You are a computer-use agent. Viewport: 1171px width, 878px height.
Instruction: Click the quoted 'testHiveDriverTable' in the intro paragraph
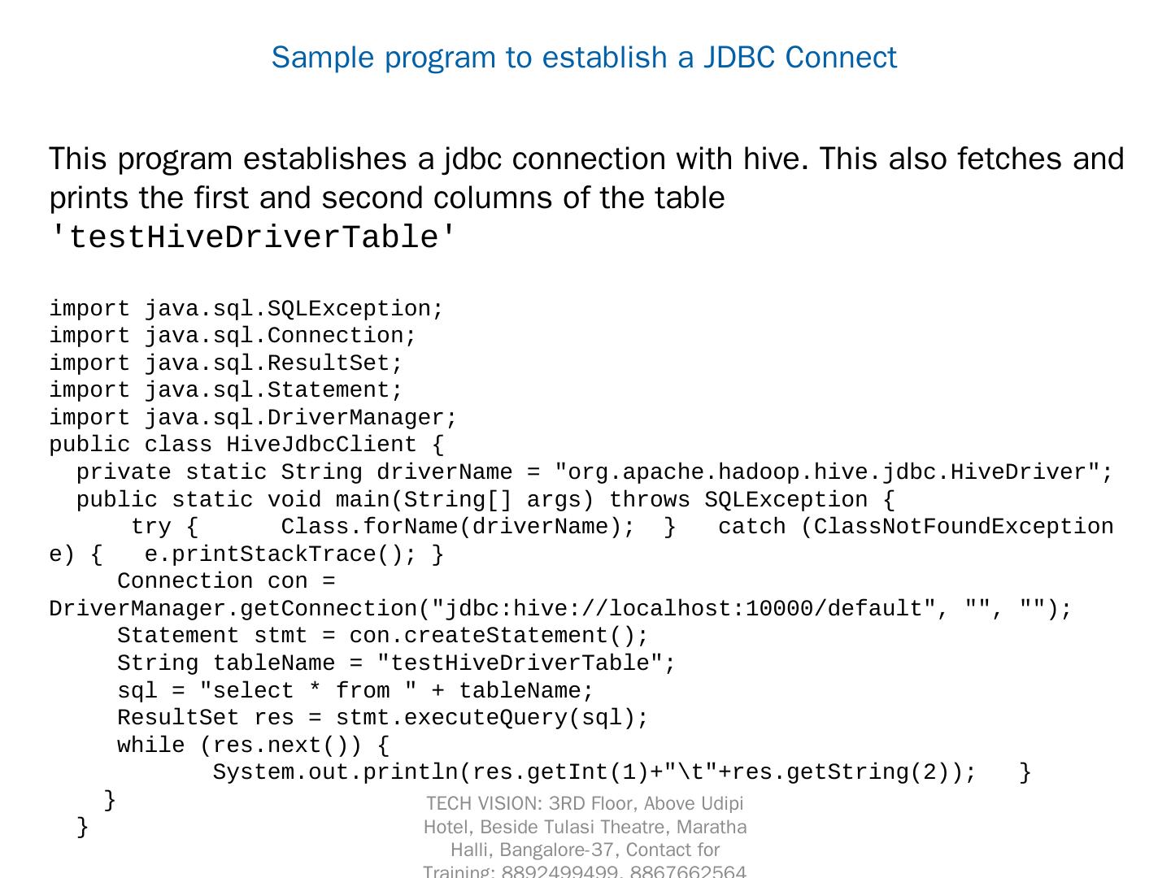(254, 237)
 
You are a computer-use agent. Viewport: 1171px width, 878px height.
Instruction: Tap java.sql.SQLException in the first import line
(294, 309)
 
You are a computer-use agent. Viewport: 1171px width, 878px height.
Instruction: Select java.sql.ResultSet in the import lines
(273, 363)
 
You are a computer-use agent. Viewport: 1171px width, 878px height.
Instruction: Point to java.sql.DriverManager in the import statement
(301, 418)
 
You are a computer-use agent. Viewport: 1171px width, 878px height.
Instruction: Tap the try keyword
(151, 527)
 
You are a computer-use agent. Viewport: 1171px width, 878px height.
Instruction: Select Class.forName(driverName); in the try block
(458, 527)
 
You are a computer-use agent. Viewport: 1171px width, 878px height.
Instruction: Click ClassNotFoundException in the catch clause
(964, 527)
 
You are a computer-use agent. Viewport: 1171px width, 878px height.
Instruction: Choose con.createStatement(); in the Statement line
(498, 636)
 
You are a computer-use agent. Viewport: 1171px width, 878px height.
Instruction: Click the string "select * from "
(308, 691)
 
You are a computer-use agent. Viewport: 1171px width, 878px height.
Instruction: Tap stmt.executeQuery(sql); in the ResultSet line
(492, 718)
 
